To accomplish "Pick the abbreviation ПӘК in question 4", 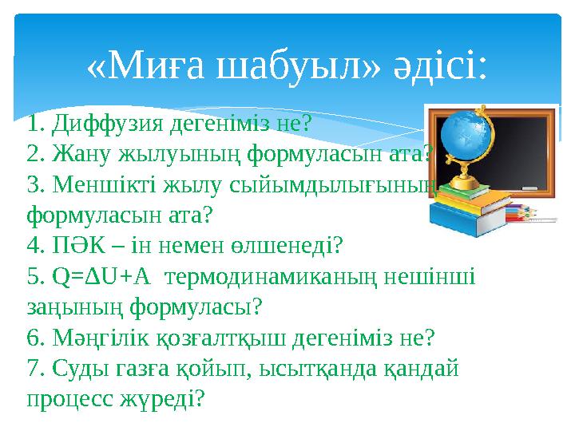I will click(78, 244).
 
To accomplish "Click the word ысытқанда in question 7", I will click(316, 367).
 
